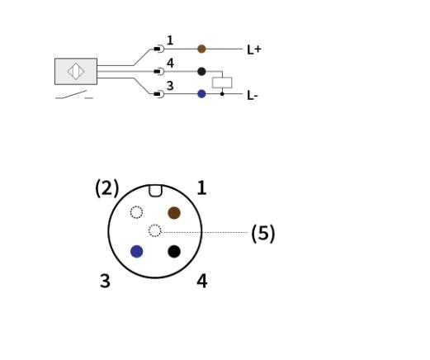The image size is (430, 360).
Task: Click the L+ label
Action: (254, 50)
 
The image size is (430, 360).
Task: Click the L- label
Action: (253, 96)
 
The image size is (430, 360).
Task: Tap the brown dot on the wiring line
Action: (201, 49)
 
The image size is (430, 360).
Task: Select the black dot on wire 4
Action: (201, 71)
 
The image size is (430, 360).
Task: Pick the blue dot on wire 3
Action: (201, 94)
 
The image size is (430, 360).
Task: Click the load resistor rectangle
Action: (222, 83)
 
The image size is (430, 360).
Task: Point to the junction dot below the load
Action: (222, 94)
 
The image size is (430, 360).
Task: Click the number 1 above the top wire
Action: (170, 40)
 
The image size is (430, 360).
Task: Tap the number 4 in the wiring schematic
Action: (170, 63)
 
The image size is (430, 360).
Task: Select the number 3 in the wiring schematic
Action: (170, 86)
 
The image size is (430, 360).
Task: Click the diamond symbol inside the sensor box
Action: (76, 71)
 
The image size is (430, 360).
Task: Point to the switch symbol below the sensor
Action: (74, 95)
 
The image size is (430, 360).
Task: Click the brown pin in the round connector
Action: (174, 213)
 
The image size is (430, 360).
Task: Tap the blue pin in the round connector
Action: (137, 251)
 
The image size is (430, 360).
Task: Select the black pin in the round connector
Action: (174, 251)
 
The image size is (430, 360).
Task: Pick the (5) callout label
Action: (263, 234)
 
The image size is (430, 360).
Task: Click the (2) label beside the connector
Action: (106, 188)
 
